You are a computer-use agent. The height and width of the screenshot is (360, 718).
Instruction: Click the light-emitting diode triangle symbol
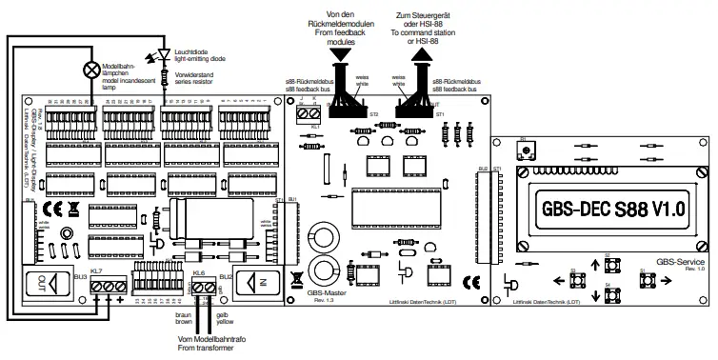click(165, 53)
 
